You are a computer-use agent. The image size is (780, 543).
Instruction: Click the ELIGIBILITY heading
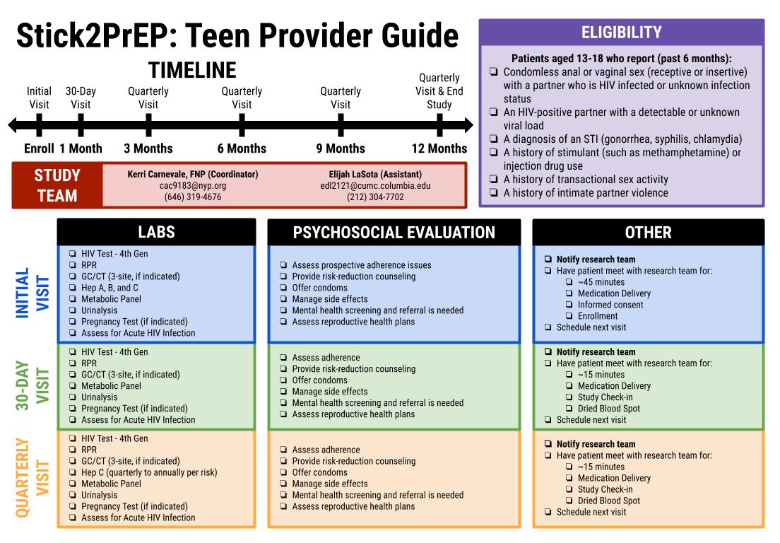click(x=621, y=33)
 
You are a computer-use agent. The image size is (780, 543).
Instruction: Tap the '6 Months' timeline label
click(x=242, y=148)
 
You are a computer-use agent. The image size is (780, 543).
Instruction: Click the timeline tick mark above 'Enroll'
click(x=39, y=125)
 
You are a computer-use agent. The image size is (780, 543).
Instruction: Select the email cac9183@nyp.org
click(x=193, y=185)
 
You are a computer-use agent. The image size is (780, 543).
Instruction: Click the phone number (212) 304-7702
click(x=375, y=197)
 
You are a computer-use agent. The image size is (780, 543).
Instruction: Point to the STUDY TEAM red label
click(x=57, y=185)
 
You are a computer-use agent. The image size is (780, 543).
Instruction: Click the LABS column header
click(x=156, y=232)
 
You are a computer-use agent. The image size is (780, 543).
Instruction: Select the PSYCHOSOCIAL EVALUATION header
click(x=394, y=232)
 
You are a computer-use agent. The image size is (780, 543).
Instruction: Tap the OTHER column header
click(x=648, y=232)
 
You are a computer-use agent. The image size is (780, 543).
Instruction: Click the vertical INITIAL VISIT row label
click(x=32, y=293)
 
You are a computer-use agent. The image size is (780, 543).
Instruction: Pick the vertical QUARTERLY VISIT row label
click(x=32, y=477)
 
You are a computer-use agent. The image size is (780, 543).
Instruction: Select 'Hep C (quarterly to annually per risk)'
click(x=149, y=472)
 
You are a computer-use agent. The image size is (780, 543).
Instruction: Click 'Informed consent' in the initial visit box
click(x=610, y=305)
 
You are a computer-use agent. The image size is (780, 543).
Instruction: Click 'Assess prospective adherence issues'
click(x=361, y=265)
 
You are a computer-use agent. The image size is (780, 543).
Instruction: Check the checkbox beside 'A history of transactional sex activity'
click(x=493, y=180)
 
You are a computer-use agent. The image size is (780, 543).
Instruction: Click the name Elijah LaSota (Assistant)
click(x=375, y=174)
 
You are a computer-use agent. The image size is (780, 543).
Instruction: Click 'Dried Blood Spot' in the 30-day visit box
click(x=608, y=408)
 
